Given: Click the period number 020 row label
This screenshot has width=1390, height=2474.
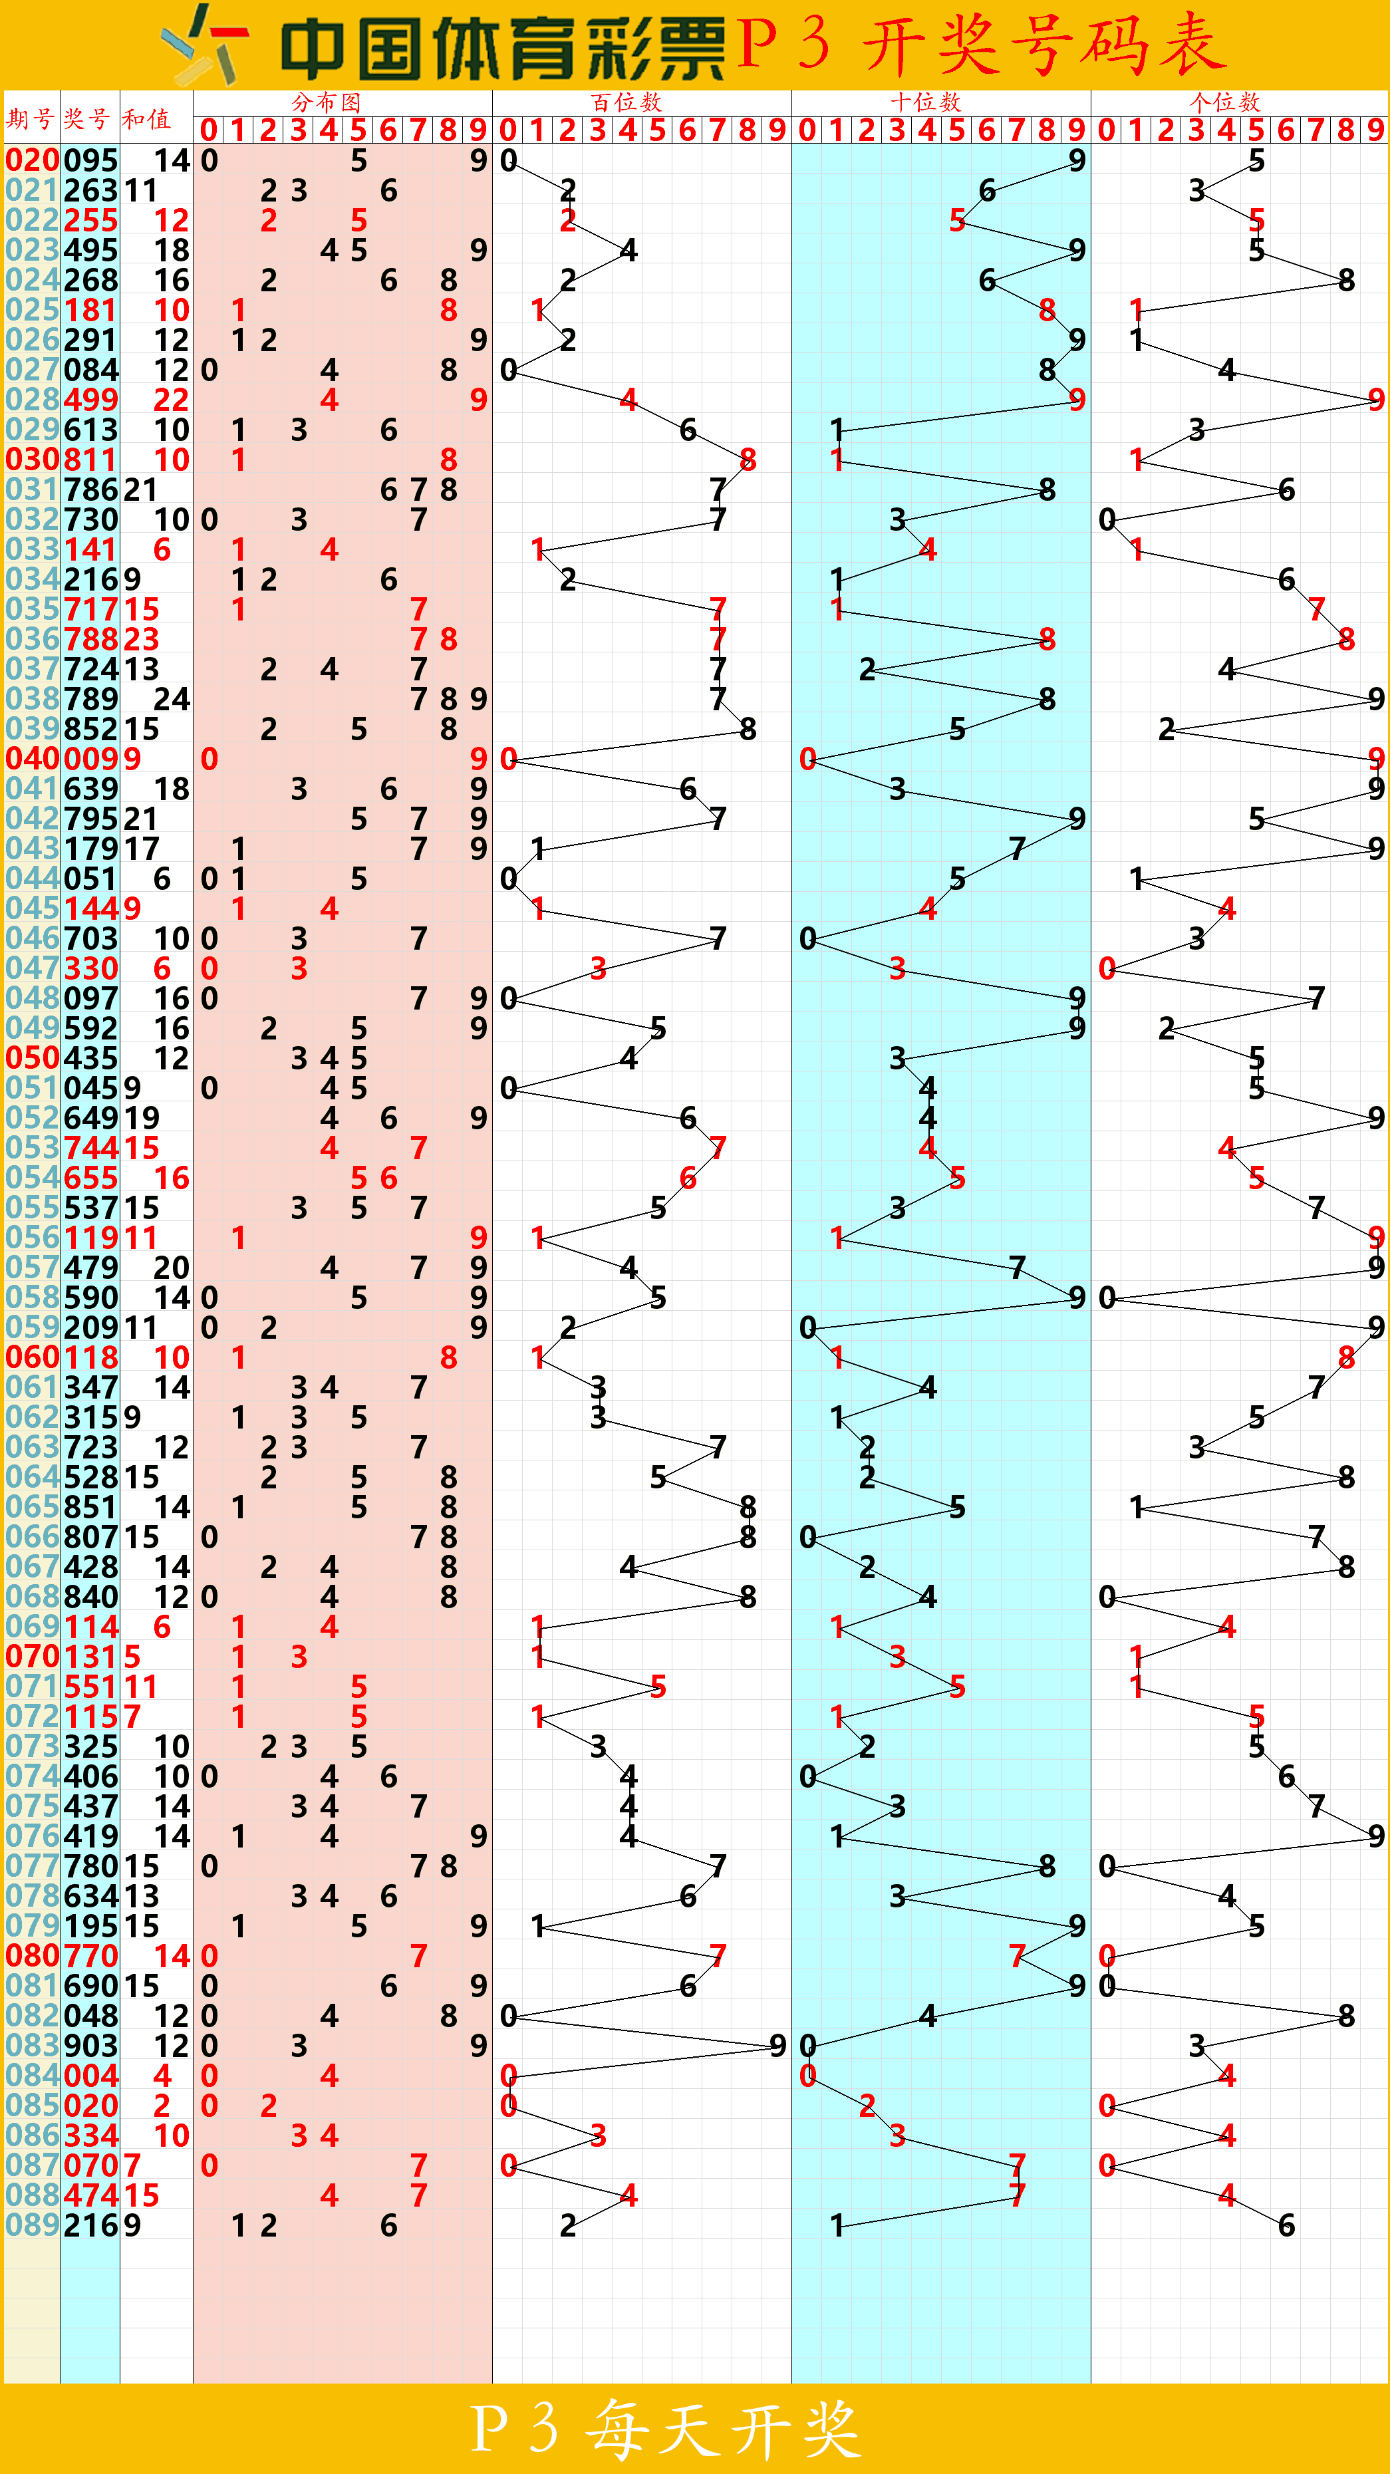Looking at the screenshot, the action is (33, 160).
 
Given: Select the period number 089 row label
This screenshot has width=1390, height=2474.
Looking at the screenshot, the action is (33, 2225).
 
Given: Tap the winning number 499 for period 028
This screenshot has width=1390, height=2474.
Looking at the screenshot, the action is (91, 400).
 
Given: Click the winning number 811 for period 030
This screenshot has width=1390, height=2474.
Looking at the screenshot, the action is (91, 459).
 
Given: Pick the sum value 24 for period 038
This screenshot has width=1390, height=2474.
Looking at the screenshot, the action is (172, 699).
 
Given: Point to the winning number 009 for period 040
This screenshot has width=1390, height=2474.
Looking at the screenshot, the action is (91, 759).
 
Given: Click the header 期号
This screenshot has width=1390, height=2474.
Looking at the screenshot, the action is (30, 118).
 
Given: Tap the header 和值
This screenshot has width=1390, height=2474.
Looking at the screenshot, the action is (146, 118).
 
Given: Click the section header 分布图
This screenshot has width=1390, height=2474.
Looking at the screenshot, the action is (327, 102).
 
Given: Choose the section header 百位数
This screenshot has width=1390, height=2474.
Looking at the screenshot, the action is (626, 102).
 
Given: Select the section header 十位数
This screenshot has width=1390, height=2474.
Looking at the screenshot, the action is (925, 102).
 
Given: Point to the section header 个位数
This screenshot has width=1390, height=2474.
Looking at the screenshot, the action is (1225, 102).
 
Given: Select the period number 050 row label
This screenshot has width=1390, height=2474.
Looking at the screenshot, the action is (33, 1057).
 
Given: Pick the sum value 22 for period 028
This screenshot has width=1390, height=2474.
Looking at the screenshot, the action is (172, 400).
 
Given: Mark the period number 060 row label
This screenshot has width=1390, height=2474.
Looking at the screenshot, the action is (33, 1357).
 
